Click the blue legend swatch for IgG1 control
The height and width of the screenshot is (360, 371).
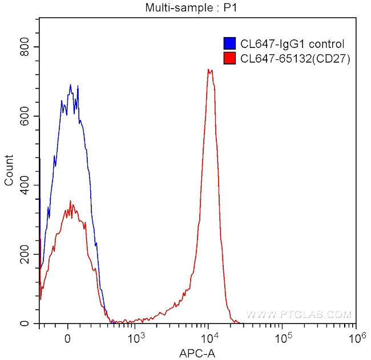point(229,43)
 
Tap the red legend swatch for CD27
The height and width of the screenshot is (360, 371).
point(229,58)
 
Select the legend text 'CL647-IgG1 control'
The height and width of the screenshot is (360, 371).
point(292,43)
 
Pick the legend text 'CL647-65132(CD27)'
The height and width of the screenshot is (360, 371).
point(295,58)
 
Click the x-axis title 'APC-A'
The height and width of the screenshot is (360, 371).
point(197,354)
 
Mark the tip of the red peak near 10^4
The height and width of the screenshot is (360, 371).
point(209,70)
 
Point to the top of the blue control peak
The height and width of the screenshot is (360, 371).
point(70,85)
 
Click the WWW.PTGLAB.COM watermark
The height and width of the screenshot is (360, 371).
point(299,314)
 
